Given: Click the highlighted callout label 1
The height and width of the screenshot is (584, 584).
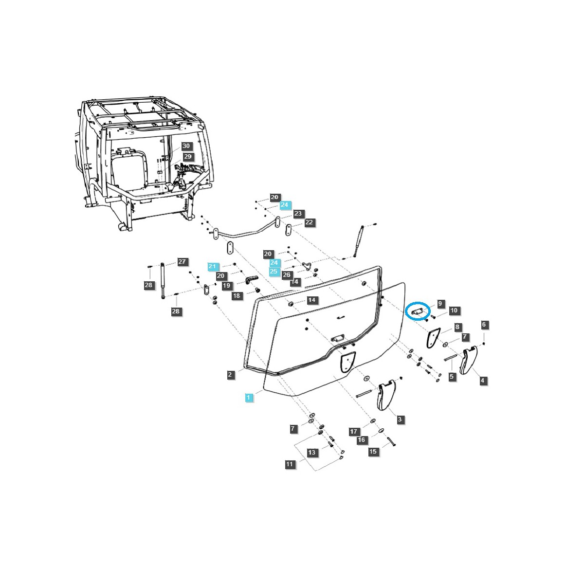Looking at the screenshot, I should click(x=249, y=398).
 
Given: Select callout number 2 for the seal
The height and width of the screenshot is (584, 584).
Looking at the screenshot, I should click(x=231, y=375).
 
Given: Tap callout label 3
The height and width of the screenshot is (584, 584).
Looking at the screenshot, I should click(x=400, y=420).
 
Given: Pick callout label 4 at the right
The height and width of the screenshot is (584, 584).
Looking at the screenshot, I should click(x=483, y=381).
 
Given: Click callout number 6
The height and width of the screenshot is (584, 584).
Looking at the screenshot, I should click(x=484, y=325).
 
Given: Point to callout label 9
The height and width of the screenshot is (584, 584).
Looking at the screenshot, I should click(x=440, y=304).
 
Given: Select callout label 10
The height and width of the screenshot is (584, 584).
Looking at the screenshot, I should click(x=454, y=310).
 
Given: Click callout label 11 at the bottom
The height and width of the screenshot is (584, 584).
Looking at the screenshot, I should click(x=290, y=464).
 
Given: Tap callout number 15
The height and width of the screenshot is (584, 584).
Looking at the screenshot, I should click(x=373, y=452).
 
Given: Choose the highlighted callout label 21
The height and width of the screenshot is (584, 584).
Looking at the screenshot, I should click(x=212, y=266).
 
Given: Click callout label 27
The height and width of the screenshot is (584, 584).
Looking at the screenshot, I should click(x=182, y=262).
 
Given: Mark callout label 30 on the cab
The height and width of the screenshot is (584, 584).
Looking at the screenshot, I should click(x=186, y=146).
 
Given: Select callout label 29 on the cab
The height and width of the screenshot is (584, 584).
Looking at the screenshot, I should click(x=188, y=157).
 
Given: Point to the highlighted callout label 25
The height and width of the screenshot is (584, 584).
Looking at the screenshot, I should click(x=274, y=271).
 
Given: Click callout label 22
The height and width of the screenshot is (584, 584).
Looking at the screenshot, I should click(x=309, y=222).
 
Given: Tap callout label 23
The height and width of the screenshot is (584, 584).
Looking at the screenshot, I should click(x=298, y=214).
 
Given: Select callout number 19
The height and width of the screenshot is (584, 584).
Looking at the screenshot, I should click(x=226, y=286).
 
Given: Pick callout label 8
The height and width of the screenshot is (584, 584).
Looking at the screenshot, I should click(x=457, y=327).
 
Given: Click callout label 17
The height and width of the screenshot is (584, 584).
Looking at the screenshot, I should click(x=354, y=431).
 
